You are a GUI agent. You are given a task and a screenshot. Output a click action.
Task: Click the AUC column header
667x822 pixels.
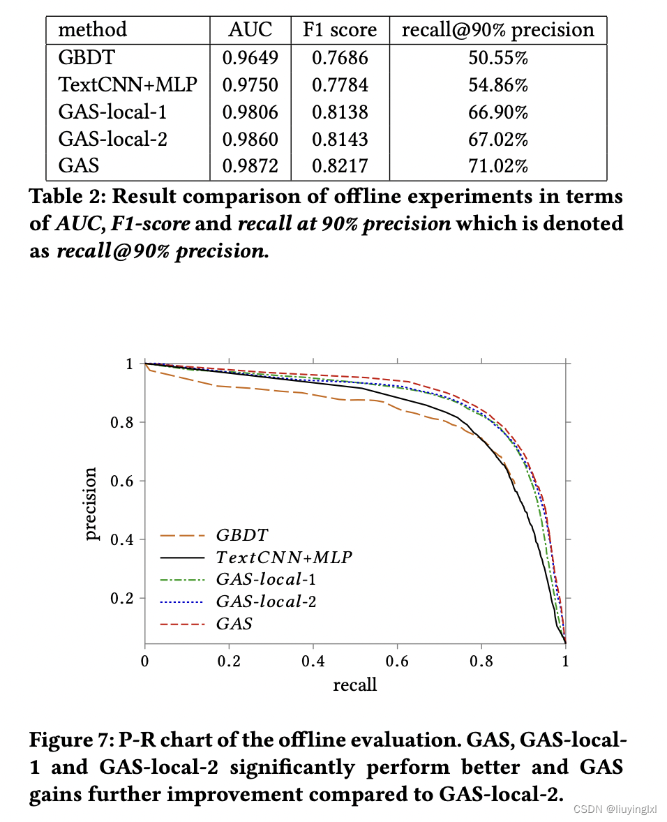(x=250, y=29)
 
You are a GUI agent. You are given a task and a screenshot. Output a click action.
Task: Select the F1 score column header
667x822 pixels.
(x=340, y=29)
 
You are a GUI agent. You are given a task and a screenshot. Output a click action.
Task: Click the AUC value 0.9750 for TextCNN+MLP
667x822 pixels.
(x=250, y=85)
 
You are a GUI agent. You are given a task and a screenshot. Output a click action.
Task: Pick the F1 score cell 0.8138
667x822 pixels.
(x=340, y=112)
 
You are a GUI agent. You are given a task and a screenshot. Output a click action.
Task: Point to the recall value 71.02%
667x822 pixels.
(x=498, y=166)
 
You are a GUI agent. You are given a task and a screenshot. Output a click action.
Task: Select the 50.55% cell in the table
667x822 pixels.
(x=498, y=58)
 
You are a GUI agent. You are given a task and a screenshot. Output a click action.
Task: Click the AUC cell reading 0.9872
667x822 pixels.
(x=250, y=166)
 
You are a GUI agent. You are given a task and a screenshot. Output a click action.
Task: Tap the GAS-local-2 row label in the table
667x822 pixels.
(x=112, y=140)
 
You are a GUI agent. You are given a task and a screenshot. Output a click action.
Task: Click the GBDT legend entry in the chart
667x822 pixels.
(x=241, y=535)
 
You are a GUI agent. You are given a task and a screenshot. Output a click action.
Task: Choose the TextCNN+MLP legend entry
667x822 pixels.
(x=283, y=557)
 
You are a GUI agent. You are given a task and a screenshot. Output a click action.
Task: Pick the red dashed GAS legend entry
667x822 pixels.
(x=234, y=623)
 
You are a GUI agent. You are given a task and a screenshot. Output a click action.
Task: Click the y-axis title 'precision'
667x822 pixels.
(x=91, y=503)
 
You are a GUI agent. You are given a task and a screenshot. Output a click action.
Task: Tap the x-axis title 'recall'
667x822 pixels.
(x=354, y=685)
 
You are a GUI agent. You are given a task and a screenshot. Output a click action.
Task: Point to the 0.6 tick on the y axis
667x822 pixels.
(x=123, y=481)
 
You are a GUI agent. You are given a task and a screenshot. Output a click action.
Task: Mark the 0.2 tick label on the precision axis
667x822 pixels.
(x=123, y=598)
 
